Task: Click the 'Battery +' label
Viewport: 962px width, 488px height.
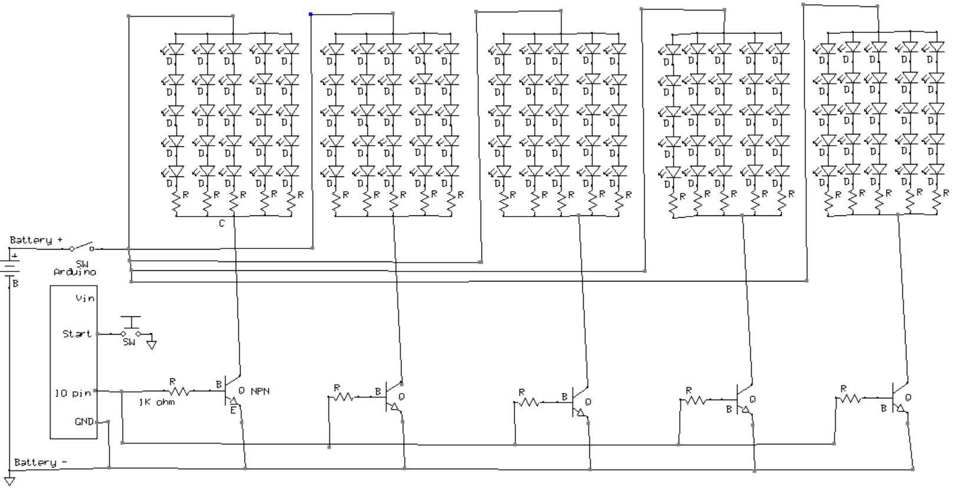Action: (x=36, y=240)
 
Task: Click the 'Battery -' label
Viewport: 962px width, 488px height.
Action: (x=36, y=461)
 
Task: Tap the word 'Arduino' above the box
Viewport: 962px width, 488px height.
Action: (x=75, y=272)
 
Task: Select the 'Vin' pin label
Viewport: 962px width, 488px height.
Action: (x=85, y=299)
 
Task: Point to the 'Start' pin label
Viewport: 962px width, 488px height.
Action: (x=77, y=334)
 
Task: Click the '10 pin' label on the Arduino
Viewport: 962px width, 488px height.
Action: (x=73, y=393)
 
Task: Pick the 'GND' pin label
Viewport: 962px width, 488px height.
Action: (x=84, y=422)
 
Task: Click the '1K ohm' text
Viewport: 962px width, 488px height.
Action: (x=157, y=402)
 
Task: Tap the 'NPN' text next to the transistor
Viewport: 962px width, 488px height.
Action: (x=260, y=391)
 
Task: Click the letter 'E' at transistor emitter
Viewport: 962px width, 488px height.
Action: (x=233, y=410)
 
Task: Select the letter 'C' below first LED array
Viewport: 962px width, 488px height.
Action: (x=222, y=224)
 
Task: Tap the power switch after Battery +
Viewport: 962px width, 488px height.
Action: (x=82, y=247)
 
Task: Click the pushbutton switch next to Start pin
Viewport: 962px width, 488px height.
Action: (x=130, y=327)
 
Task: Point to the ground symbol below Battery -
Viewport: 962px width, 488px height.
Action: (x=9, y=479)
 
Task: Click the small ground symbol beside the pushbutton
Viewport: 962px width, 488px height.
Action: (x=151, y=344)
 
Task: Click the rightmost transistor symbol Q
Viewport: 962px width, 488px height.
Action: (x=900, y=398)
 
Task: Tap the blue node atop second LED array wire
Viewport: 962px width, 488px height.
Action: (x=311, y=14)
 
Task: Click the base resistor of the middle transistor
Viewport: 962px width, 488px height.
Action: (x=529, y=402)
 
